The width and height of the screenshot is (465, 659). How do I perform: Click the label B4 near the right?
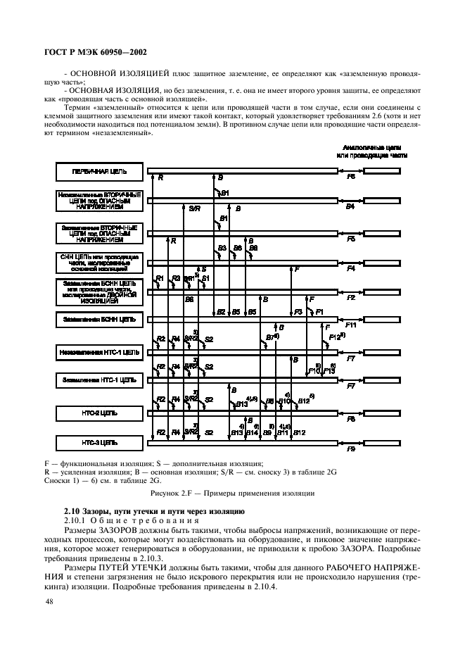pos(350,208)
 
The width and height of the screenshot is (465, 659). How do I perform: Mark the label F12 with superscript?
pos(336,338)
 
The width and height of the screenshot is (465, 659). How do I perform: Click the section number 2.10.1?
pos(77,519)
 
